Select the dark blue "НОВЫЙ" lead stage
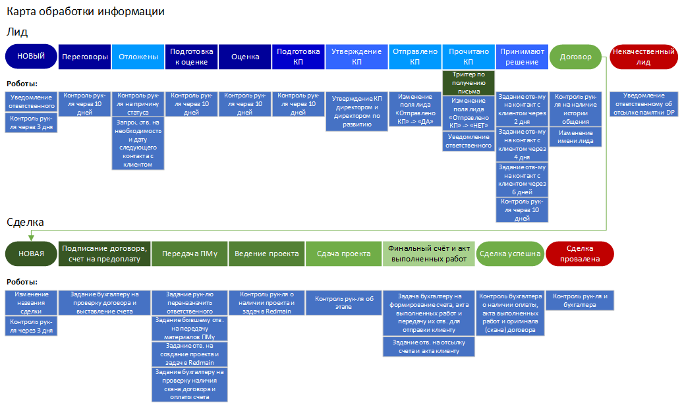pos(31,57)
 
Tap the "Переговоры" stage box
pos(85,57)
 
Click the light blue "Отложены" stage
pos(138,57)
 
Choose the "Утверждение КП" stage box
pos(356,57)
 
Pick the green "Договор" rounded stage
pos(575,57)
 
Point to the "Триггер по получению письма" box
pos(468,83)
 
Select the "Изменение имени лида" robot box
pos(575,136)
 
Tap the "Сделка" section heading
pos(25,222)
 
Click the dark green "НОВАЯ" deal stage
pos(31,254)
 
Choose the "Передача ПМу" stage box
pos(190,254)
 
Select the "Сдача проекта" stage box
pos(343,254)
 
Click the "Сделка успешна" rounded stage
pos(509,254)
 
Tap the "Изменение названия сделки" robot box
pos(31,303)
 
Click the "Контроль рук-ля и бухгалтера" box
pos(580,300)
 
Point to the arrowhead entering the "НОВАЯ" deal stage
pos(31,238)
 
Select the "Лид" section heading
pos(17,32)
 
